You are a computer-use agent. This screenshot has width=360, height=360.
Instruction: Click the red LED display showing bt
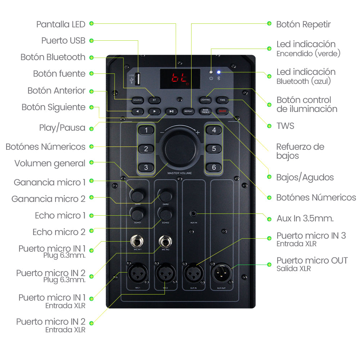pyautogui.click(x=180, y=78)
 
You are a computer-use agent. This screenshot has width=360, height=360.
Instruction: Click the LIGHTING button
pyautogui.click(x=206, y=100)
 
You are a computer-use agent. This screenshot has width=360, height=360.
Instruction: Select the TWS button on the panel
pyautogui.click(x=222, y=100)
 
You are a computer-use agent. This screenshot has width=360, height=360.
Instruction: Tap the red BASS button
pyautogui.click(x=222, y=111)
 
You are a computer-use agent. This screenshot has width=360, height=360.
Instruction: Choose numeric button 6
pyautogui.click(x=214, y=167)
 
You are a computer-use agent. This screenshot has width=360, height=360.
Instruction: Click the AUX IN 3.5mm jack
pyautogui.click(x=194, y=214)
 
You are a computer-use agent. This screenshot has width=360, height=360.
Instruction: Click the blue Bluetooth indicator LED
pyautogui.click(x=219, y=72)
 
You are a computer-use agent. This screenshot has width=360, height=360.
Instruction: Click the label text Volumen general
pyautogui.click(x=50, y=163)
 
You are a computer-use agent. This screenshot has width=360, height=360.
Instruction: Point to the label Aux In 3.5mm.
pyautogui.click(x=305, y=218)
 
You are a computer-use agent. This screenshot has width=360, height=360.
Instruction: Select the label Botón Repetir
pyautogui.click(x=303, y=24)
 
